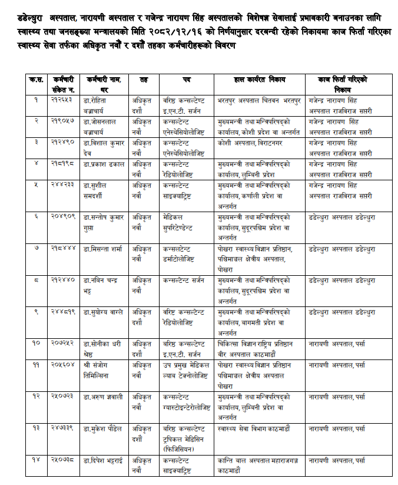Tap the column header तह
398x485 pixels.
144,79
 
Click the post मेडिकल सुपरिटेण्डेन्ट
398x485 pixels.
184,221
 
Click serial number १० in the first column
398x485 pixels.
37,342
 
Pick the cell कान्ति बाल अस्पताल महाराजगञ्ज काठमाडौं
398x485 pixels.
259,463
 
